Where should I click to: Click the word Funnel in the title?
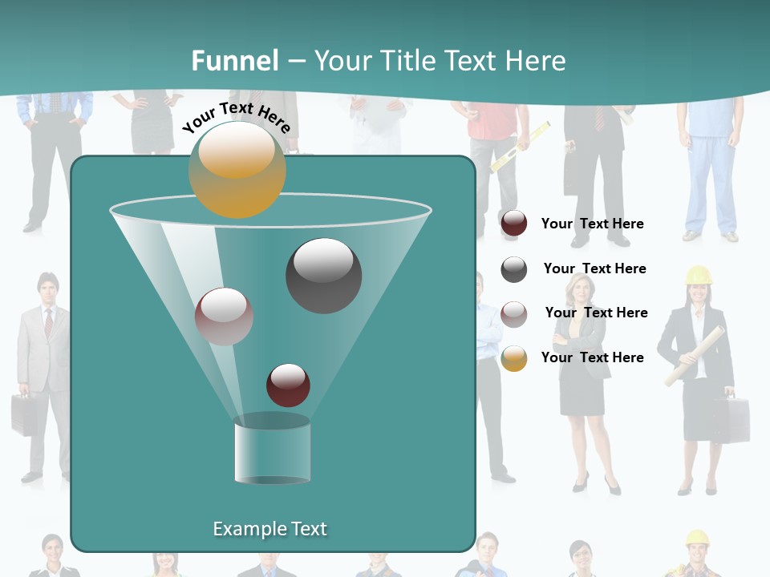tap(234, 61)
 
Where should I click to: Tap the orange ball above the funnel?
tap(237, 170)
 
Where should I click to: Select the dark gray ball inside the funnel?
tap(323, 275)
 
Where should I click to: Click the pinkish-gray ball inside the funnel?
tap(224, 317)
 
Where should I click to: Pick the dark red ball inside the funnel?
tap(288, 385)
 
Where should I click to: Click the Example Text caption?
tap(269, 529)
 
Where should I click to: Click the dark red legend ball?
tap(514, 224)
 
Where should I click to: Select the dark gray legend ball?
tap(514, 269)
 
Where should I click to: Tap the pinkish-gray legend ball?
tap(514, 313)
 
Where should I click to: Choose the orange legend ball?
tap(514, 358)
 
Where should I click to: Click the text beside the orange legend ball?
tap(592, 357)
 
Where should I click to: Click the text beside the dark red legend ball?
tap(592, 224)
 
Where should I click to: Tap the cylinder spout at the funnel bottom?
tap(272, 450)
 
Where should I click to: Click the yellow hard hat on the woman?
tap(699, 275)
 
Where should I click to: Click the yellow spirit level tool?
tap(521, 147)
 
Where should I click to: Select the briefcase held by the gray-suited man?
tap(23, 414)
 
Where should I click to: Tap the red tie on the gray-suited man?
tap(48, 322)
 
